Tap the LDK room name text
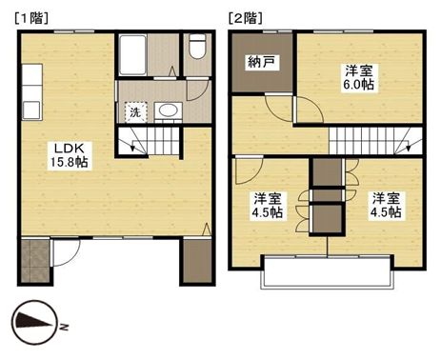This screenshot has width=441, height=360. click(x=64, y=149)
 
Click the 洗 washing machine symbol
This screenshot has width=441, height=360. click(x=135, y=111)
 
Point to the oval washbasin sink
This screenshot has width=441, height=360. click(x=168, y=111)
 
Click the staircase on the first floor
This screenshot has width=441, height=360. click(x=149, y=143)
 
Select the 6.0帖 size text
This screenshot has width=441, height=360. click(x=359, y=85)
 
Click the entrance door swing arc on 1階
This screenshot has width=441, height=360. click(x=65, y=251)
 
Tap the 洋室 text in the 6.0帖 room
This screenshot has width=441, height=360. click(x=358, y=69)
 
